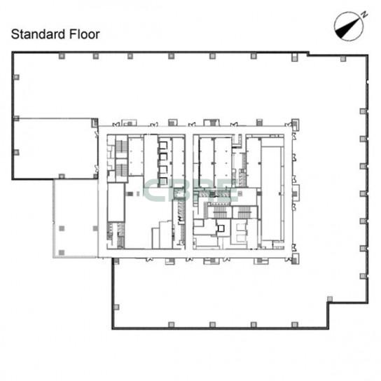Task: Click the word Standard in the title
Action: point(39,34)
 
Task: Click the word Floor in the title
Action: point(84,34)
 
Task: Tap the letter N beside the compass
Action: point(364,15)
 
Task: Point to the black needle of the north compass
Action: point(347,29)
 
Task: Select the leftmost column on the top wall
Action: point(62,56)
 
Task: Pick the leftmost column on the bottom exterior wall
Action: point(172,324)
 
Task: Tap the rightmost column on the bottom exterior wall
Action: point(294,324)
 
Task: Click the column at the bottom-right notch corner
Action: point(330,298)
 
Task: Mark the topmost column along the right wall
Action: point(363,111)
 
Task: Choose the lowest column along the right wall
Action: point(363,276)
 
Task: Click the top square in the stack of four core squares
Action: point(163,145)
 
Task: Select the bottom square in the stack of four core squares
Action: point(163,181)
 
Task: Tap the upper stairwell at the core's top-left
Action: point(121,146)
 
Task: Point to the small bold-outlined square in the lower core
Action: point(221,228)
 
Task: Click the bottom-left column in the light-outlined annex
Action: point(62,252)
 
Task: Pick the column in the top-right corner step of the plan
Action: point(343,59)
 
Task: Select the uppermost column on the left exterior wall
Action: point(16,77)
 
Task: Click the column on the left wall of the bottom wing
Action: point(116,307)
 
